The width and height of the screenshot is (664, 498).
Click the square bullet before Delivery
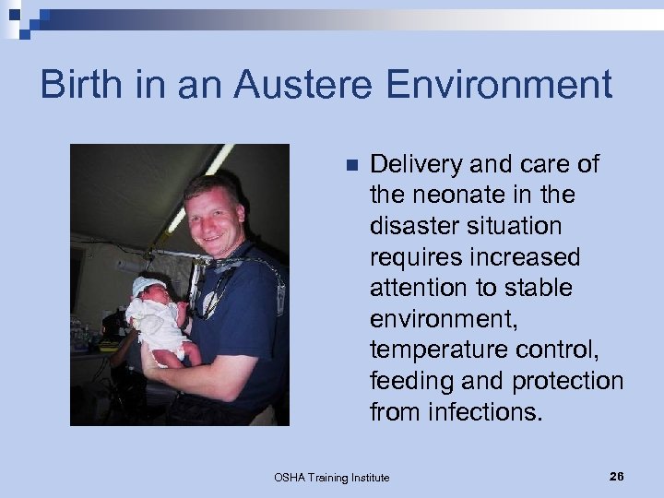pos(350,166)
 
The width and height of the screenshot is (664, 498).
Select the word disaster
pos(411,226)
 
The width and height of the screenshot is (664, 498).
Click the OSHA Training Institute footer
pos(331,477)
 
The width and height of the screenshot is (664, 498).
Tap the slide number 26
pos(616,476)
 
